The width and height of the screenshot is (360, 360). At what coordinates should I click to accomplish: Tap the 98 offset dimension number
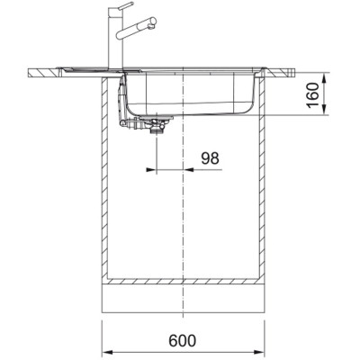pos(210,158)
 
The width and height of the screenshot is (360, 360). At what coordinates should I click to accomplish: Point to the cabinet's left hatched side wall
pos(102,180)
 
